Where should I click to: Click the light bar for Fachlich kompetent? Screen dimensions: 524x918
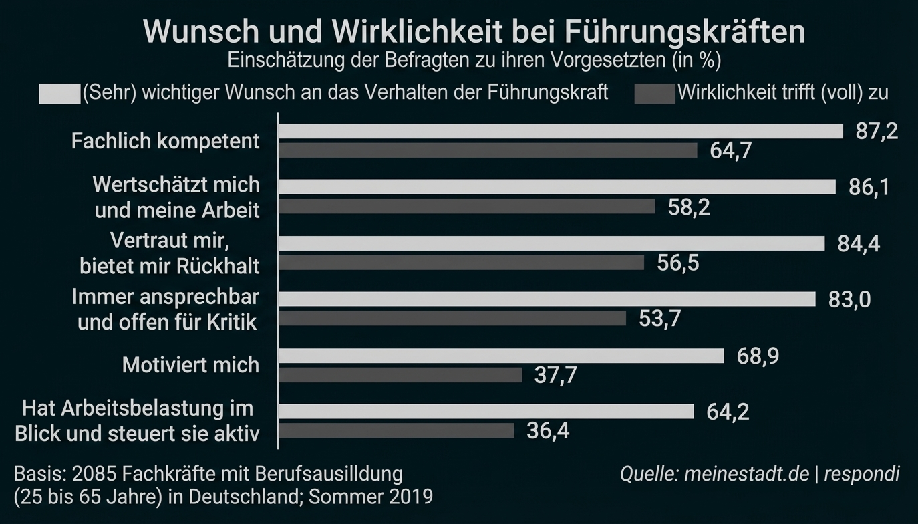tap(560, 131)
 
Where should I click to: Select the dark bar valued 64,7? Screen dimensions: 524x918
tap(487, 150)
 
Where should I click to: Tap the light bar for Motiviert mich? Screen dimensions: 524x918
tap(500, 356)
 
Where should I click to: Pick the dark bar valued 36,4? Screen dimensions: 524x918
tap(396, 430)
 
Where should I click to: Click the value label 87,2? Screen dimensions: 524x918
tap(877, 132)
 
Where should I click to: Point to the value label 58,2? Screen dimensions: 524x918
tap(689, 207)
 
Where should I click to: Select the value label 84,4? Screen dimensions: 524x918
tap(859, 244)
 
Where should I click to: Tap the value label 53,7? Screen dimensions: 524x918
tap(660, 319)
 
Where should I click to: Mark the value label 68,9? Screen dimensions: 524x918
tap(758, 356)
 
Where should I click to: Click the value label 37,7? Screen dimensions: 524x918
tap(555, 376)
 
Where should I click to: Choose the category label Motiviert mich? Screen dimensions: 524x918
tap(190, 365)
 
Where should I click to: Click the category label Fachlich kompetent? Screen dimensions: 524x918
tap(165, 141)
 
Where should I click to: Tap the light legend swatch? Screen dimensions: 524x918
tap(59, 94)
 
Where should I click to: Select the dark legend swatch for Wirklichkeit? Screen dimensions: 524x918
tap(655, 94)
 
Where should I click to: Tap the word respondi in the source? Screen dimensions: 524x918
tap(862, 474)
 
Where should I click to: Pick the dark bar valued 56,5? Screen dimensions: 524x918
tap(460, 263)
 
